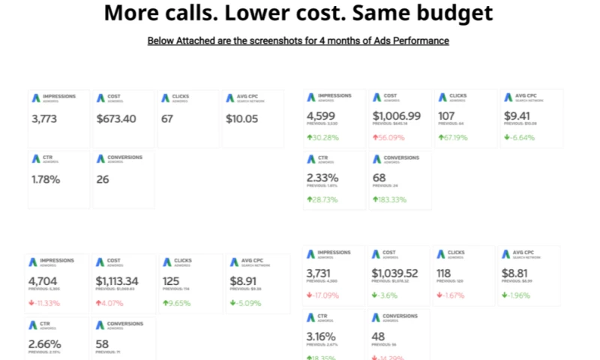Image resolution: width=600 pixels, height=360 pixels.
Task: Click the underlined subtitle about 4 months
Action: click(x=298, y=40)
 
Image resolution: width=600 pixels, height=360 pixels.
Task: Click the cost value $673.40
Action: click(x=116, y=118)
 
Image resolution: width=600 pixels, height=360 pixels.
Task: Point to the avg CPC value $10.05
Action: click(x=241, y=118)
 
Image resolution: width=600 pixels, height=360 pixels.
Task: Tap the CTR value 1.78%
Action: click(x=46, y=179)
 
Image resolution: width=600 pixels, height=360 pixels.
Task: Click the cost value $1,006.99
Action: click(x=397, y=116)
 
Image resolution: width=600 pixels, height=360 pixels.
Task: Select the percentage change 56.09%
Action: click(x=399, y=137)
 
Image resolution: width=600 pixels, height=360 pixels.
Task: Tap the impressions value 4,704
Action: click(x=45, y=281)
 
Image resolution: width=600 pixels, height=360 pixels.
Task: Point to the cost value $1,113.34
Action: click(x=123, y=281)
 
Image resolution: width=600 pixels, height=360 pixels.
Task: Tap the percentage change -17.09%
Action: click(x=325, y=295)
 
